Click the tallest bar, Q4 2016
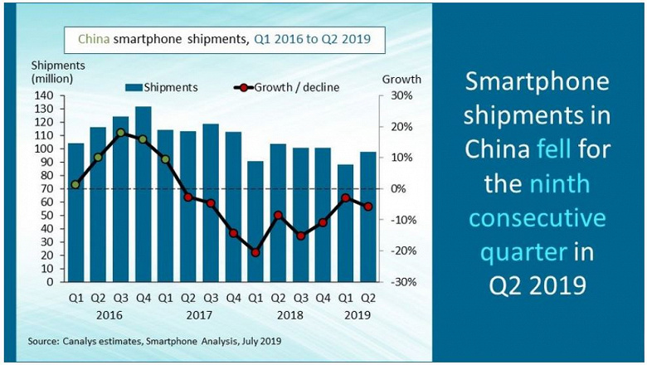[143, 194]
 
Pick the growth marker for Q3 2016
[120, 133]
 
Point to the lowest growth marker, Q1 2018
[255, 252]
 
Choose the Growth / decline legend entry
[287, 86]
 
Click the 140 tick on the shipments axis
[43, 96]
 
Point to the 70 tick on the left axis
[46, 189]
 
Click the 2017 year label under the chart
[199, 315]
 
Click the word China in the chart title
[93, 38]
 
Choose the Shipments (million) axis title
[52, 72]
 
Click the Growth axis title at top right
[401, 80]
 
